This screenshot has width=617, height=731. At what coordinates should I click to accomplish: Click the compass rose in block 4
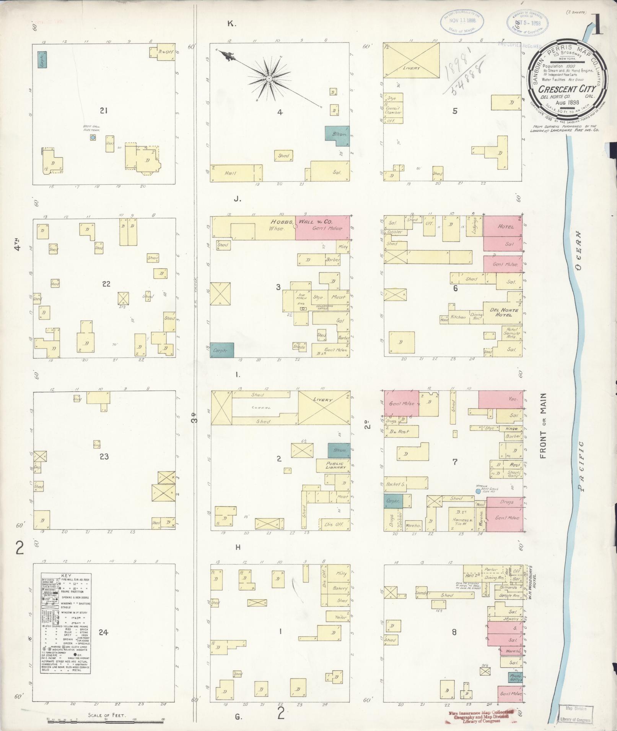269,78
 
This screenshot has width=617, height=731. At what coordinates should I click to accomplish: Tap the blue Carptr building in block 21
42,60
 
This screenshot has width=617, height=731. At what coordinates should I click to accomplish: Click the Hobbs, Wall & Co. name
301,222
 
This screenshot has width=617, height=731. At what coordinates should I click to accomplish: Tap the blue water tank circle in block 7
478,491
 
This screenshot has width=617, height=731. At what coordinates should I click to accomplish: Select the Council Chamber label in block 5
393,110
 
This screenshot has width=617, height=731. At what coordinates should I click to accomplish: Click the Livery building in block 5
411,60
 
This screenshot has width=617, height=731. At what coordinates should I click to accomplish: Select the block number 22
106,284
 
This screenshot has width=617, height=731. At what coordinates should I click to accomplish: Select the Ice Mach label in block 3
300,296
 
